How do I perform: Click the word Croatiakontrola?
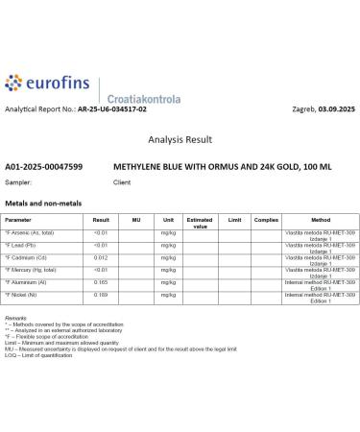pos(141,98)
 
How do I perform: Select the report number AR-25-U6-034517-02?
pos(113,110)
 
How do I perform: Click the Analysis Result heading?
pos(180,139)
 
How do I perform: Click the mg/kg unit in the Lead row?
pos(168,246)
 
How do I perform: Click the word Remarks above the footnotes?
pos(15,317)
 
